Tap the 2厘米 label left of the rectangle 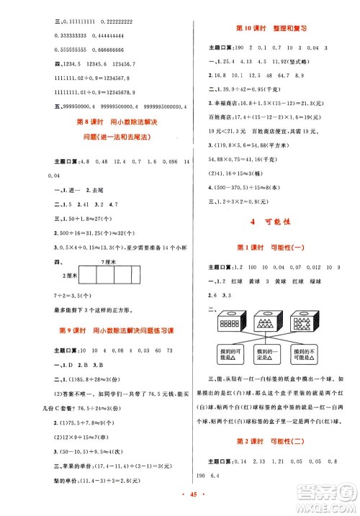(69, 276)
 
